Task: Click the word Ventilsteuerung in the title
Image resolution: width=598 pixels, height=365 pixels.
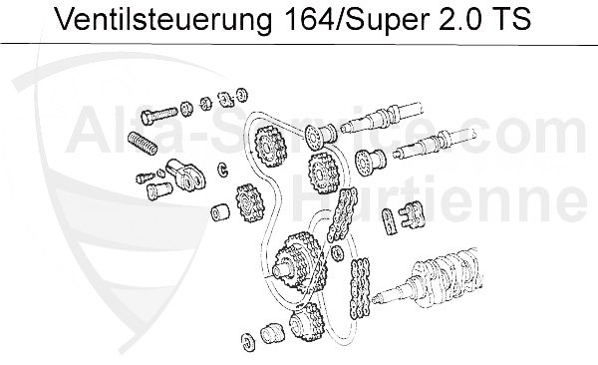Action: (x=163, y=19)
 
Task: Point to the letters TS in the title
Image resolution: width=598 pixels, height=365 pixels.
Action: (x=512, y=19)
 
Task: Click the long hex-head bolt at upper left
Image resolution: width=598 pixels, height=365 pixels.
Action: (x=159, y=114)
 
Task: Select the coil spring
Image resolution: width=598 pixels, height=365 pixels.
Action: (x=142, y=143)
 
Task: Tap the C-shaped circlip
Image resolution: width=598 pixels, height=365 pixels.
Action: (x=223, y=170)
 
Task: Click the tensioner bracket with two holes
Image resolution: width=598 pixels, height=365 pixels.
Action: (x=187, y=175)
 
